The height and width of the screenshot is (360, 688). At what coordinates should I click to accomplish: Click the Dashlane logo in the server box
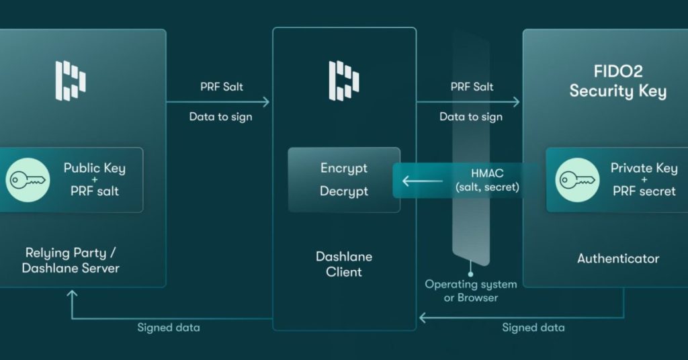(x=70, y=81)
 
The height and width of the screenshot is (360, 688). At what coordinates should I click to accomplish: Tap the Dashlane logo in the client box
(x=343, y=81)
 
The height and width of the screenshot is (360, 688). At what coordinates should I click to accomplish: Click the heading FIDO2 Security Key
(x=617, y=82)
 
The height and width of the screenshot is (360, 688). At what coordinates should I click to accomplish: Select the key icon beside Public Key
(x=28, y=180)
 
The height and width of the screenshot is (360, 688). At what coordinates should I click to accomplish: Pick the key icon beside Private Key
(x=576, y=180)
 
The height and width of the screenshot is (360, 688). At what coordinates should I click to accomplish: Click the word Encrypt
(x=344, y=169)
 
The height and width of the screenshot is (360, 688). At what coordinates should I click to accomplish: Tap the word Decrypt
(x=344, y=191)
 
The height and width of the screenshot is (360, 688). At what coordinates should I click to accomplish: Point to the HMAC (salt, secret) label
(x=486, y=180)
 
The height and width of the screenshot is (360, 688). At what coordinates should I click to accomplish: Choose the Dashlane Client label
(x=344, y=264)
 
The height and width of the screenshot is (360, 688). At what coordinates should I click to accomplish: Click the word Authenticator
(x=618, y=258)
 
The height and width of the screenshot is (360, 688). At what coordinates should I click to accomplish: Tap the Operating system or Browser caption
(x=471, y=290)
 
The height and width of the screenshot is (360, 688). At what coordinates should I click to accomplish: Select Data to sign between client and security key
(x=471, y=117)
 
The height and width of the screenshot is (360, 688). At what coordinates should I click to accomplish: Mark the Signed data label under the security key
(x=533, y=328)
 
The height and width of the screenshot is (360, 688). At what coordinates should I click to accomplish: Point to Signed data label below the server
(x=169, y=328)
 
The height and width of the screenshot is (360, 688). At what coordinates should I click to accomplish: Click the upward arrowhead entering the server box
(x=72, y=294)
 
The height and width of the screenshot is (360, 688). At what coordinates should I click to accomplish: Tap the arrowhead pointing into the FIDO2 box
(x=516, y=102)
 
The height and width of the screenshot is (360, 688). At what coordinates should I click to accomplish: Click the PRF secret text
(x=644, y=191)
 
